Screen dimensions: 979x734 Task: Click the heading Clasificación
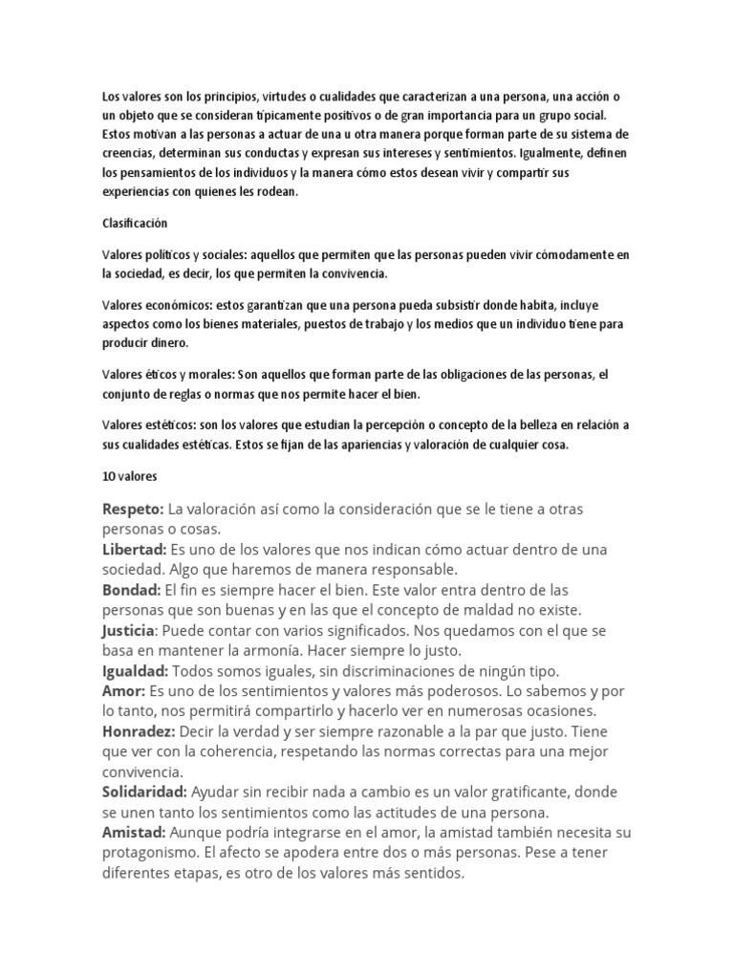(x=135, y=223)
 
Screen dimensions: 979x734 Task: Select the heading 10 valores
(x=129, y=475)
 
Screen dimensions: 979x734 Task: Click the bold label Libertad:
(x=134, y=550)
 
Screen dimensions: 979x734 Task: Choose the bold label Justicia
(x=128, y=631)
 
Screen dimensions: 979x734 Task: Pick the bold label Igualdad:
(x=135, y=671)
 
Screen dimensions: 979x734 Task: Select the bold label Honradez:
(x=138, y=731)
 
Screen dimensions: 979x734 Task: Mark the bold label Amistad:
(x=134, y=833)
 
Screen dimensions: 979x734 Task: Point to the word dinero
(x=167, y=342)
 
